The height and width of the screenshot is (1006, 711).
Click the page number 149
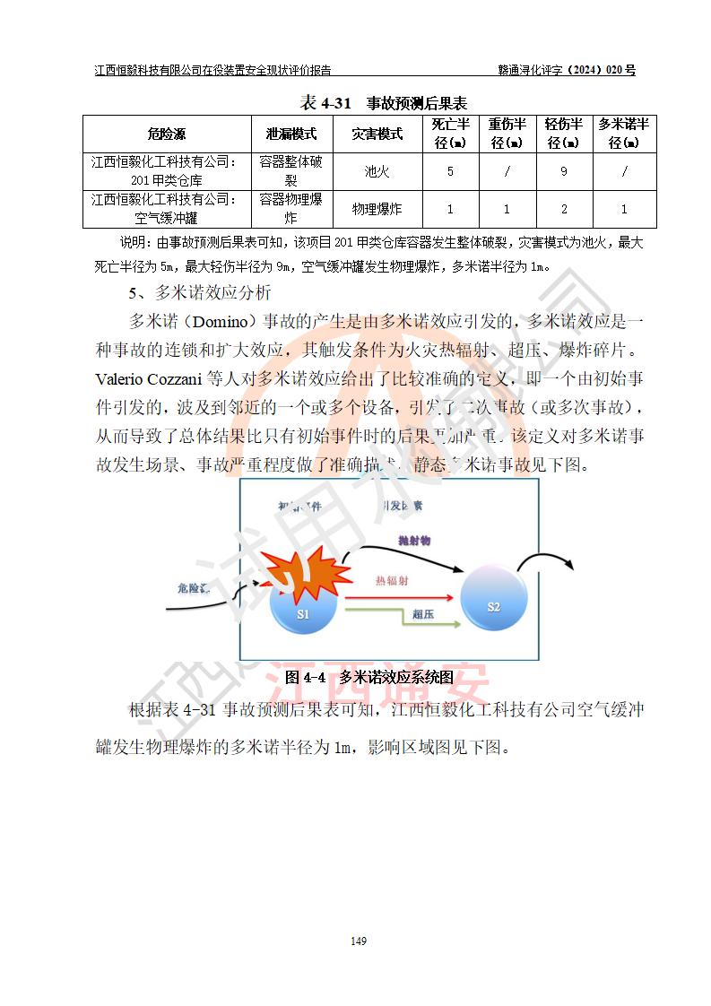point(359,941)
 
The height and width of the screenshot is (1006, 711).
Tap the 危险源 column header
point(166,134)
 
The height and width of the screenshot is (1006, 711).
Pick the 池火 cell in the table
point(376,170)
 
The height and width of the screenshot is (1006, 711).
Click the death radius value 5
point(449,170)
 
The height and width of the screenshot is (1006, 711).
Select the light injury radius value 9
point(563,170)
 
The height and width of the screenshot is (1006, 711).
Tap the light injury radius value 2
point(563,209)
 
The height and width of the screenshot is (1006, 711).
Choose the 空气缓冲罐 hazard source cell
point(166,209)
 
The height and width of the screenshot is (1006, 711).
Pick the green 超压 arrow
point(395,610)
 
